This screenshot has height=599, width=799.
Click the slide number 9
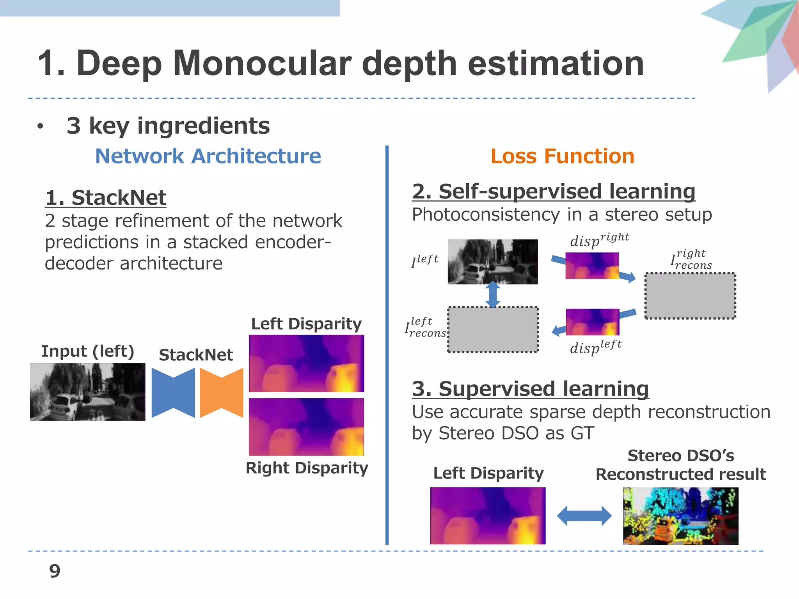tap(55, 571)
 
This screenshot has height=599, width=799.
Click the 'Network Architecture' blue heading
tap(208, 156)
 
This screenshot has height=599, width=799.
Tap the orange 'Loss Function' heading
tap(562, 156)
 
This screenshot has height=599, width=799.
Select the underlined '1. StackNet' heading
tap(106, 198)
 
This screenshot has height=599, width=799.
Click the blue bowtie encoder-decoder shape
tap(173, 393)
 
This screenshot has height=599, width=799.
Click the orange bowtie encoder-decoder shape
tap(221, 393)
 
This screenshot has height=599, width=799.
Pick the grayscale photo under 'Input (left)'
tap(87, 392)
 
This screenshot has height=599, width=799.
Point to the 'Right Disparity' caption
tap(307, 468)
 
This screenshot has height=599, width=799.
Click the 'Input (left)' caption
tap(87, 351)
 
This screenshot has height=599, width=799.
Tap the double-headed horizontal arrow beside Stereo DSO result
tap(584, 516)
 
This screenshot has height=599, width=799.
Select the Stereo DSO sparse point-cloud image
tap(680, 516)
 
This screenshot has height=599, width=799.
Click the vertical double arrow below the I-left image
tap(493, 294)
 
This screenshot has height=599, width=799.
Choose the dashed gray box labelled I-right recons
tap(690, 296)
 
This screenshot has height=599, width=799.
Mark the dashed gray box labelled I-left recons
tap(493, 330)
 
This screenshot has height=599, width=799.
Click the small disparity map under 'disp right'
tap(592, 266)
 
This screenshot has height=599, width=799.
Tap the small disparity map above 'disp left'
tap(592, 322)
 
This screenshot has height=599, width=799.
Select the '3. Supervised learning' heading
tap(530, 389)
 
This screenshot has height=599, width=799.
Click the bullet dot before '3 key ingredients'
tap(40, 126)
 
